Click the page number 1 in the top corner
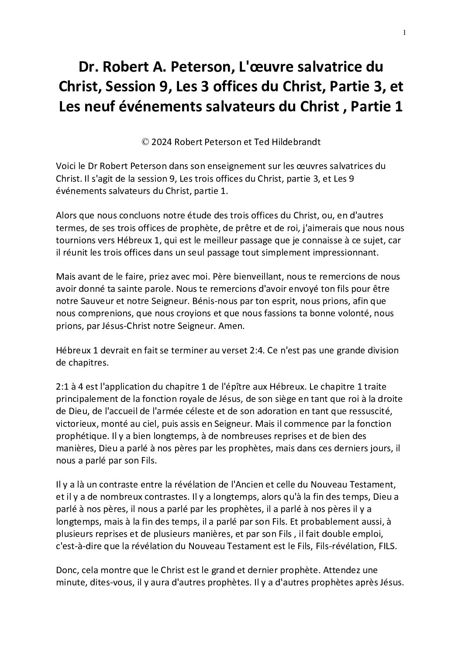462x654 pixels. click(x=405, y=32)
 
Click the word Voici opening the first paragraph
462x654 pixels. click(x=66, y=166)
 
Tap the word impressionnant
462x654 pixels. click(x=341, y=253)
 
